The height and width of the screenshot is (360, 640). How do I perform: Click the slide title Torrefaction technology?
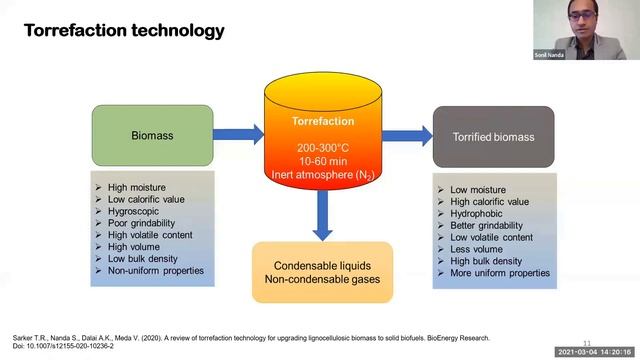pyautogui.click(x=124, y=30)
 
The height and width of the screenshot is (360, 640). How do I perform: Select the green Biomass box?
pyautogui.click(x=153, y=135)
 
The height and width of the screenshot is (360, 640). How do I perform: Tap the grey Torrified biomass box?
pyautogui.click(x=493, y=136)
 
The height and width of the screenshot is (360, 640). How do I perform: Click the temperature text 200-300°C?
pyautogui.click(x=322, y=146)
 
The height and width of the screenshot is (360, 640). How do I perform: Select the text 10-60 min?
pyautogui.click(x=322, y=160)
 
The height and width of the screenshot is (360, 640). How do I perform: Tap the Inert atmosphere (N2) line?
pyautogui.click(x=322, y=175)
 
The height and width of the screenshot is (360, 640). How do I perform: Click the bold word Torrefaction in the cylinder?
pyautogui.click(x=322, y=122)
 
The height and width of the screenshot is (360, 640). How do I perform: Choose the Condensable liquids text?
pyautogui.click(x=322, y=265)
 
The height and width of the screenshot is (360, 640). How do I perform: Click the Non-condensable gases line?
pyautogui.click(x=322, y=280)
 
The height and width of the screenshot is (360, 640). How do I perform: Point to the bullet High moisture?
pyautogui.click(x=138, y=187)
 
